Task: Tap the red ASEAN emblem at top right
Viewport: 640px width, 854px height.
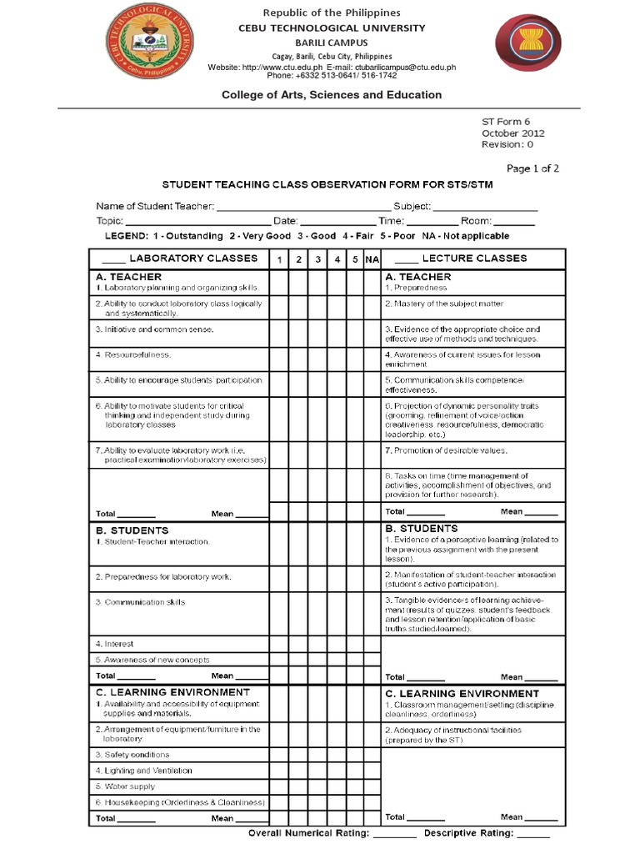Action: pyautogui.click(x=522, y=48)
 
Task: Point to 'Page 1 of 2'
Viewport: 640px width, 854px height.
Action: pyautogui.click(x=532, y=168)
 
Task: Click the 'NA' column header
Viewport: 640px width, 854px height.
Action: pyautogui.click(x=372, y=260)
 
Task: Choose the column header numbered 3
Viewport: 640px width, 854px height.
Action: pyautogui.click(x=317, y=260)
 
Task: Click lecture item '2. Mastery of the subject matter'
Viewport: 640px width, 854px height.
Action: pyautogui.click(x=444, y=304)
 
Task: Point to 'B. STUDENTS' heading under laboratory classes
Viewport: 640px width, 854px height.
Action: pyautogui.click(x=132, y=530)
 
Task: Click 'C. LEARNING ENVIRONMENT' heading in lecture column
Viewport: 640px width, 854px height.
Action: pyautogui.click(x=462, y=694)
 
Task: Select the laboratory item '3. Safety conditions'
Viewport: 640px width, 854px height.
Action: pyautogui.click(x=132, y=755)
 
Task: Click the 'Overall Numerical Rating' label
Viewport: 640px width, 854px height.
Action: pyautogui.click(x=308, y=833)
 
